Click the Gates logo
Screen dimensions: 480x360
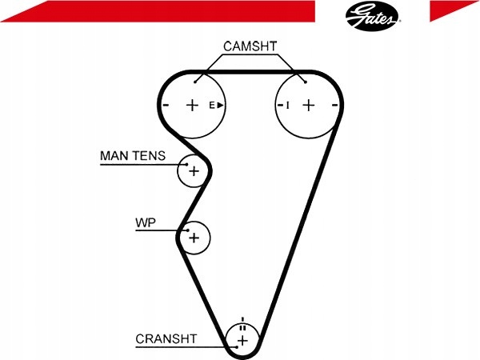(x=373, y=16)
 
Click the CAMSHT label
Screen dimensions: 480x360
(x=250, y=46)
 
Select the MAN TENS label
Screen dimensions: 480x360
(x=133, y=156)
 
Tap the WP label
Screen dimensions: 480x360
(x=146, y=222)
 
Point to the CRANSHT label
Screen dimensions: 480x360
(x=166, y=339)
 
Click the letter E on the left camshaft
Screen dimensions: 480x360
(x=212, y=106)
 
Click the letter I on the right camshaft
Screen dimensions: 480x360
(x=287, y=106)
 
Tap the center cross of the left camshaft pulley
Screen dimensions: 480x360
(x=192, y=106)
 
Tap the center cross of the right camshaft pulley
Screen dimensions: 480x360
(x=309, y=106)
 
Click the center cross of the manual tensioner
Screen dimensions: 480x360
(x=194, y=171)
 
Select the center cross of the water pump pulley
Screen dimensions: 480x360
(x=194, y=238)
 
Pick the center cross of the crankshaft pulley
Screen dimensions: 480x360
(x=242, y=341)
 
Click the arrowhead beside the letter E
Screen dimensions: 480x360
(x=221, y=106)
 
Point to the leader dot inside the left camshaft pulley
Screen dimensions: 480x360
(x=195, y=82)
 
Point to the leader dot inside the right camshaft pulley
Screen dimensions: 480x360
(x=306, y=82)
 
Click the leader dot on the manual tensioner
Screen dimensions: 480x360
(x=186, y=164)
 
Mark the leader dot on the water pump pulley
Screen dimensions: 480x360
(x=188, y=230)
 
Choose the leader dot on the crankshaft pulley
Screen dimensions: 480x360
(x=237, y=347)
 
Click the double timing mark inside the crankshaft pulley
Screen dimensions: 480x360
(x=242, y=328)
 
